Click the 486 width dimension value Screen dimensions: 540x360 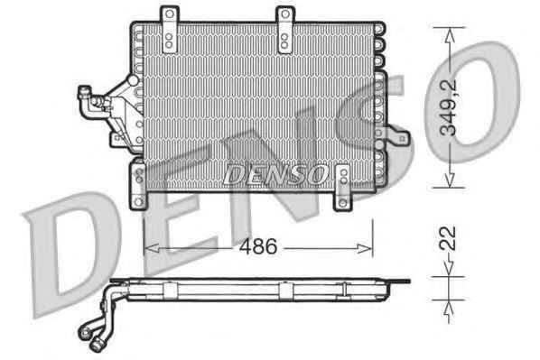click(x=258, y=246)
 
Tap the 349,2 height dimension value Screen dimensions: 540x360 click(x=449, y=107)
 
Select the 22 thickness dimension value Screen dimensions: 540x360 click(x=449, y=238)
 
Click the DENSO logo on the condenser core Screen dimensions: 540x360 click(x=275, y=174)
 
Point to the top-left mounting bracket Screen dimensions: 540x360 click(x=169, y=30)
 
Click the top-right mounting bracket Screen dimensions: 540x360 click(x=284, y=30)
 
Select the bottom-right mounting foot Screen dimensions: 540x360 click(x=343, y=188)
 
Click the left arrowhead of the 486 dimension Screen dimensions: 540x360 click(x=152, y=248)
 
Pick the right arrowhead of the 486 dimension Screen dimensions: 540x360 click(x=364, y=248)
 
